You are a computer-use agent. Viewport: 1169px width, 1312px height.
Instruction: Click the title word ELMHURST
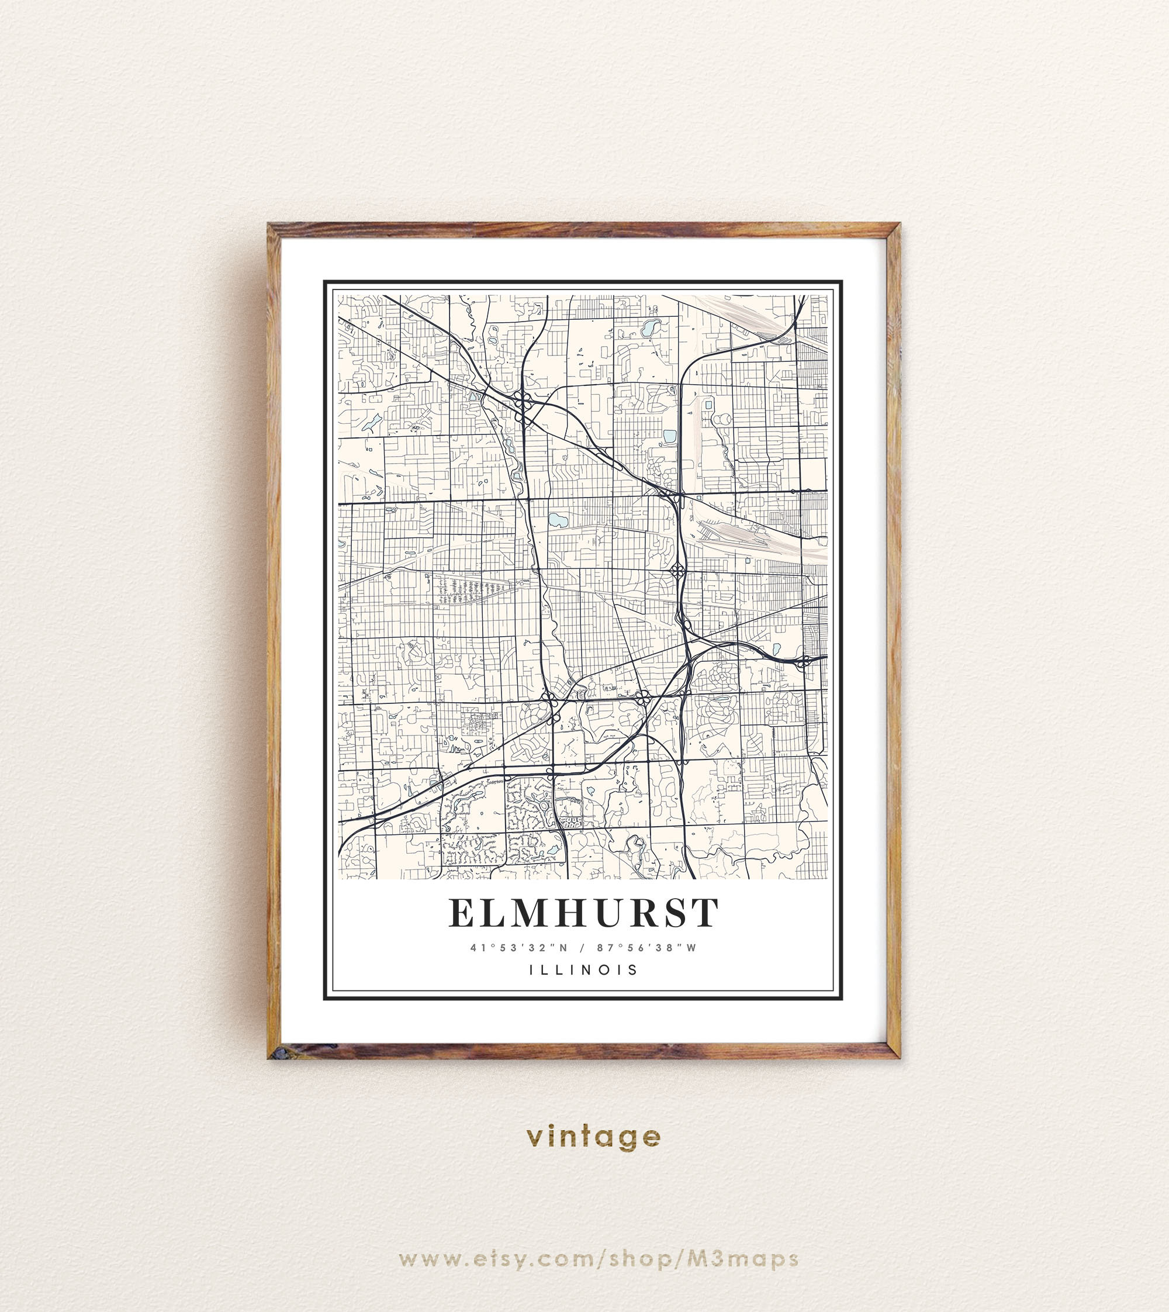click(x=583, y=913)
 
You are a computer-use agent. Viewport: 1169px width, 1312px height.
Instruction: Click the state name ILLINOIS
click(x=584, y=969)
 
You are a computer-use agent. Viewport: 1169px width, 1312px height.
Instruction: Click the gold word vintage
click(x=593, y=1137)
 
